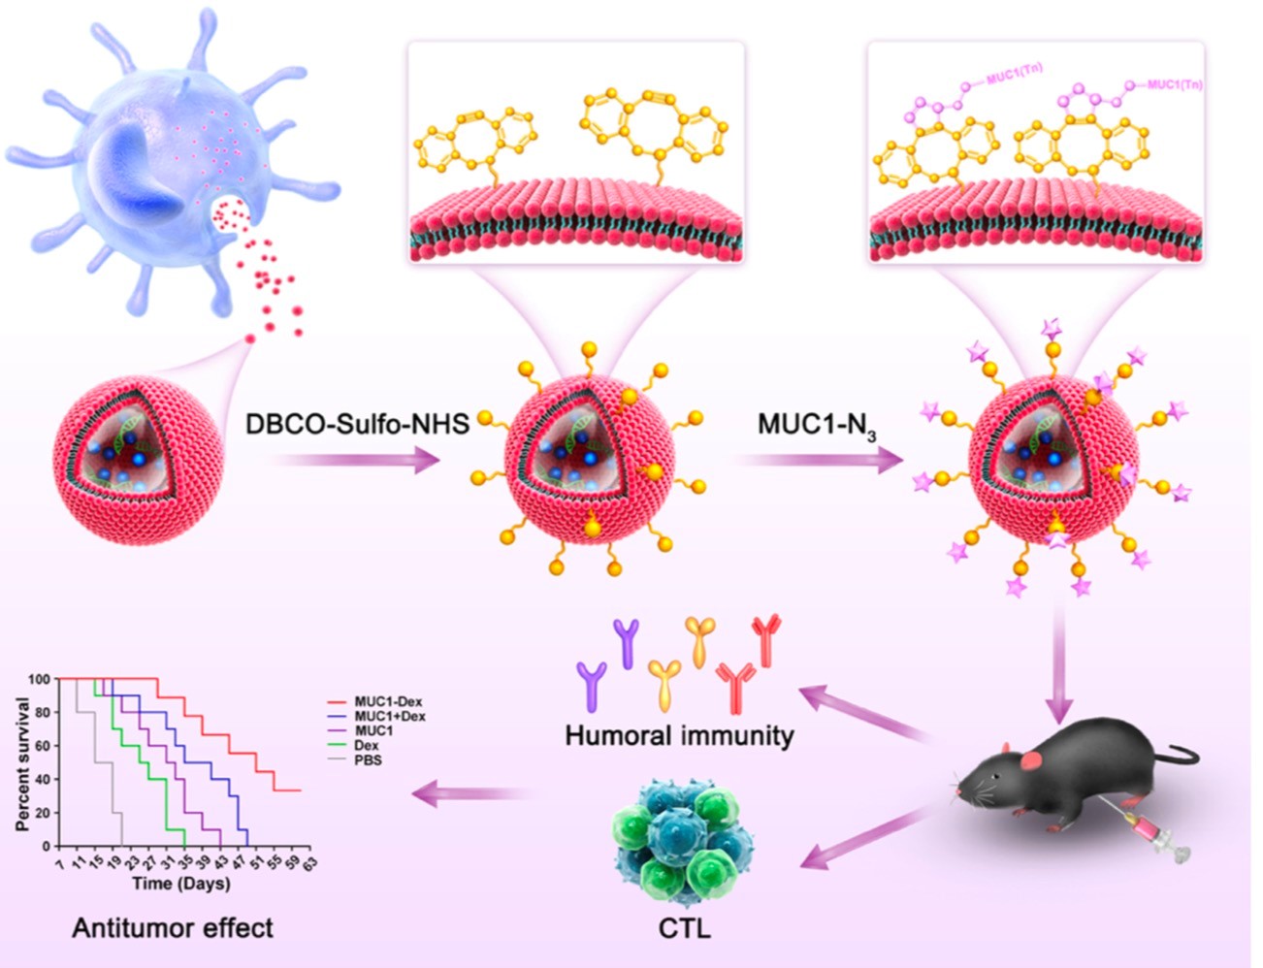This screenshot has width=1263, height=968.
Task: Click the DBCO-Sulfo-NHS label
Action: (x=357, y=424)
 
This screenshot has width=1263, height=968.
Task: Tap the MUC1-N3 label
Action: (x=817, y=426)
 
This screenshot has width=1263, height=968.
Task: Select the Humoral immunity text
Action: (x=679, y=735)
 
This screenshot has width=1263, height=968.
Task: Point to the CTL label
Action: (x=684, y=928)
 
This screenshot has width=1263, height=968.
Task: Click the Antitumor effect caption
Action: (x=173, y=928)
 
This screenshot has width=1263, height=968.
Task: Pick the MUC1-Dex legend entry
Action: (x=387, y=701)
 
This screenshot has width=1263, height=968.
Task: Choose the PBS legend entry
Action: (x=368, y=759)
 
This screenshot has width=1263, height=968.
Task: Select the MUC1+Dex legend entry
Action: (x=389, y=716)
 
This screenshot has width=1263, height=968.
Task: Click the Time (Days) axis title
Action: (x=181, y=884)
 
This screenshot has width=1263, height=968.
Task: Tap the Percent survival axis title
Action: (x=22, y=762)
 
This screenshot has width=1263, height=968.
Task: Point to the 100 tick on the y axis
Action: (x=39, y=679)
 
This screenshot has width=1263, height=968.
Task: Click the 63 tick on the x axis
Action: (x=309, y=862)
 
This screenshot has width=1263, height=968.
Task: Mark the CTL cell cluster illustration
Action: (x=685, y=842)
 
